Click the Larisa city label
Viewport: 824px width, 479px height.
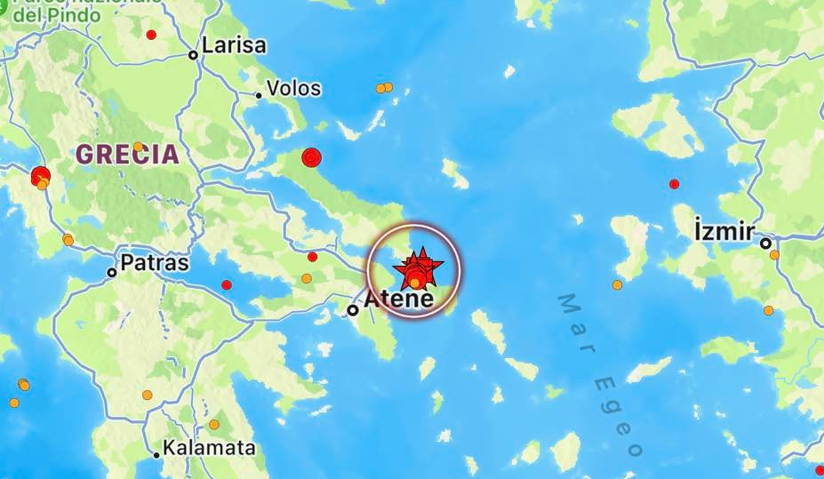234,46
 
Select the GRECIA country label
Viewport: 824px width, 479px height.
127,154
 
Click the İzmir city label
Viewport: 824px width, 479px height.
724,232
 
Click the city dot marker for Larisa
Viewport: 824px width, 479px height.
193,55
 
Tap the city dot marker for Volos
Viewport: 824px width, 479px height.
259,95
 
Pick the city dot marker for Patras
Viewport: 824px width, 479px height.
112,272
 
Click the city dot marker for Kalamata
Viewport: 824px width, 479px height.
156,455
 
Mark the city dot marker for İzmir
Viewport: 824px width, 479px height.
764,243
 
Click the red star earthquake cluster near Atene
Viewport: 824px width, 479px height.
416,269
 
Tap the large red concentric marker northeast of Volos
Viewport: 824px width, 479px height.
310,157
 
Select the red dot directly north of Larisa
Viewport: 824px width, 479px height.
151,35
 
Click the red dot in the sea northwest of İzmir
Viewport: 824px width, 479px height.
674,184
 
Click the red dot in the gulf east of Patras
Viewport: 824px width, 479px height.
227,284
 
